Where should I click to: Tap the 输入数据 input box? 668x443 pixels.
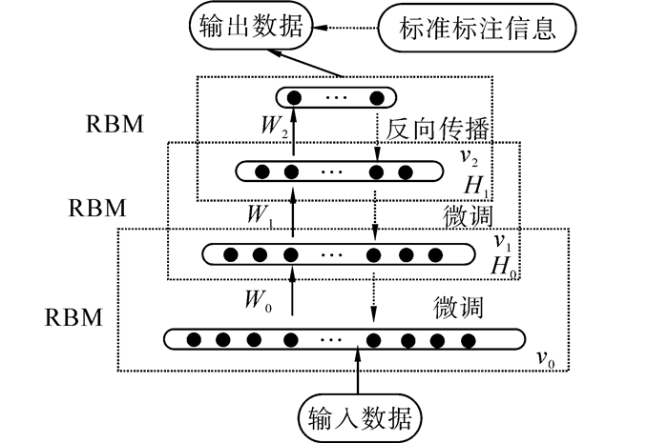(360, 416)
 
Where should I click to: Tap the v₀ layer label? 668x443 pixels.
(545, 359)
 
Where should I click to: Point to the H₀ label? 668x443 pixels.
(504, 267)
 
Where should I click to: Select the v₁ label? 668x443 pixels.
(502, 241)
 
